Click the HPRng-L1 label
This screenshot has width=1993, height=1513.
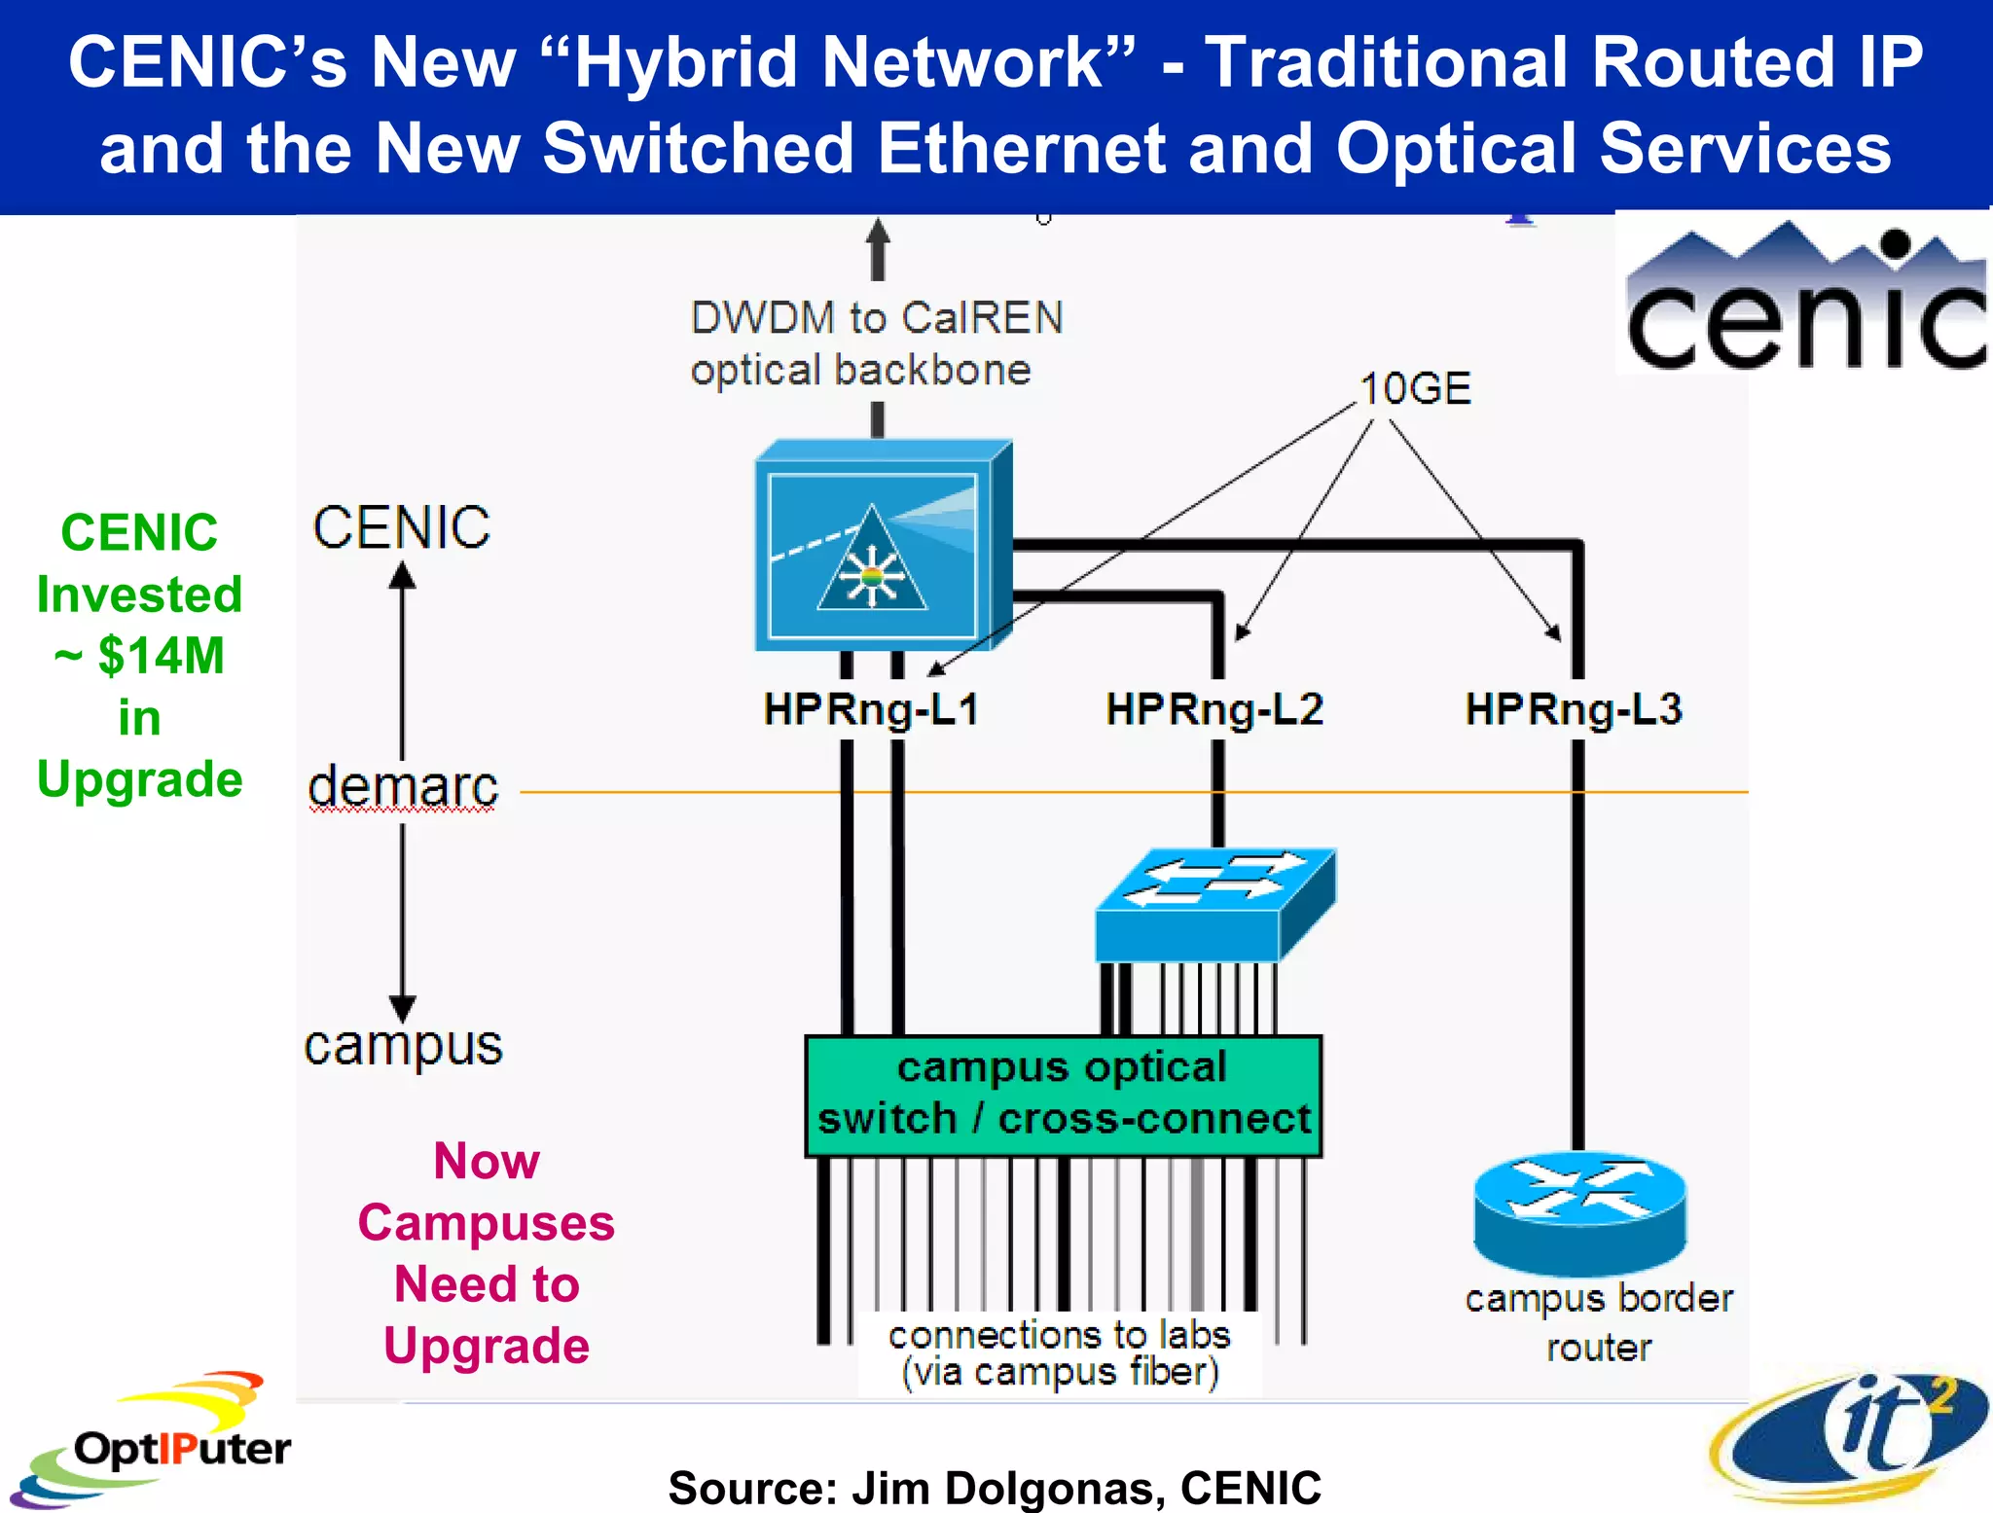[871, 709]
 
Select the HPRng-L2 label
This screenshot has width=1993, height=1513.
[1214, 709]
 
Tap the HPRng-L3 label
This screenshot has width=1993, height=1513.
[1574, 709]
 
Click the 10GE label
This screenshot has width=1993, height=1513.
[1414, 389]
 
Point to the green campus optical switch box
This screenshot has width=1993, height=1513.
[1063, 1096]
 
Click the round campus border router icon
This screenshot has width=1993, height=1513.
[1579, 1212]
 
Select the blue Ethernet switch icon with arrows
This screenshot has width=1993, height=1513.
[1214, 905]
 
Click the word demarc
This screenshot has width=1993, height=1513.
[403, 786]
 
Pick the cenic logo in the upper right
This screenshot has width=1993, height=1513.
[1805, 298]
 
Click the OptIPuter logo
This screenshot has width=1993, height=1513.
[156, 1442]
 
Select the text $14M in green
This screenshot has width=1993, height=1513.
[161, 656]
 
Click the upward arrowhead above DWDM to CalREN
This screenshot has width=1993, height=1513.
[878, 234]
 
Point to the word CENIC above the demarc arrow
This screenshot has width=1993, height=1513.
[401, 527]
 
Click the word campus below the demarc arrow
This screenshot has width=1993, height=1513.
[403, 1047]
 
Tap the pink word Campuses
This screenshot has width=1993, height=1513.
[487, 1223]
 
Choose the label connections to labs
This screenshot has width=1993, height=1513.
[1059, 1335]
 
